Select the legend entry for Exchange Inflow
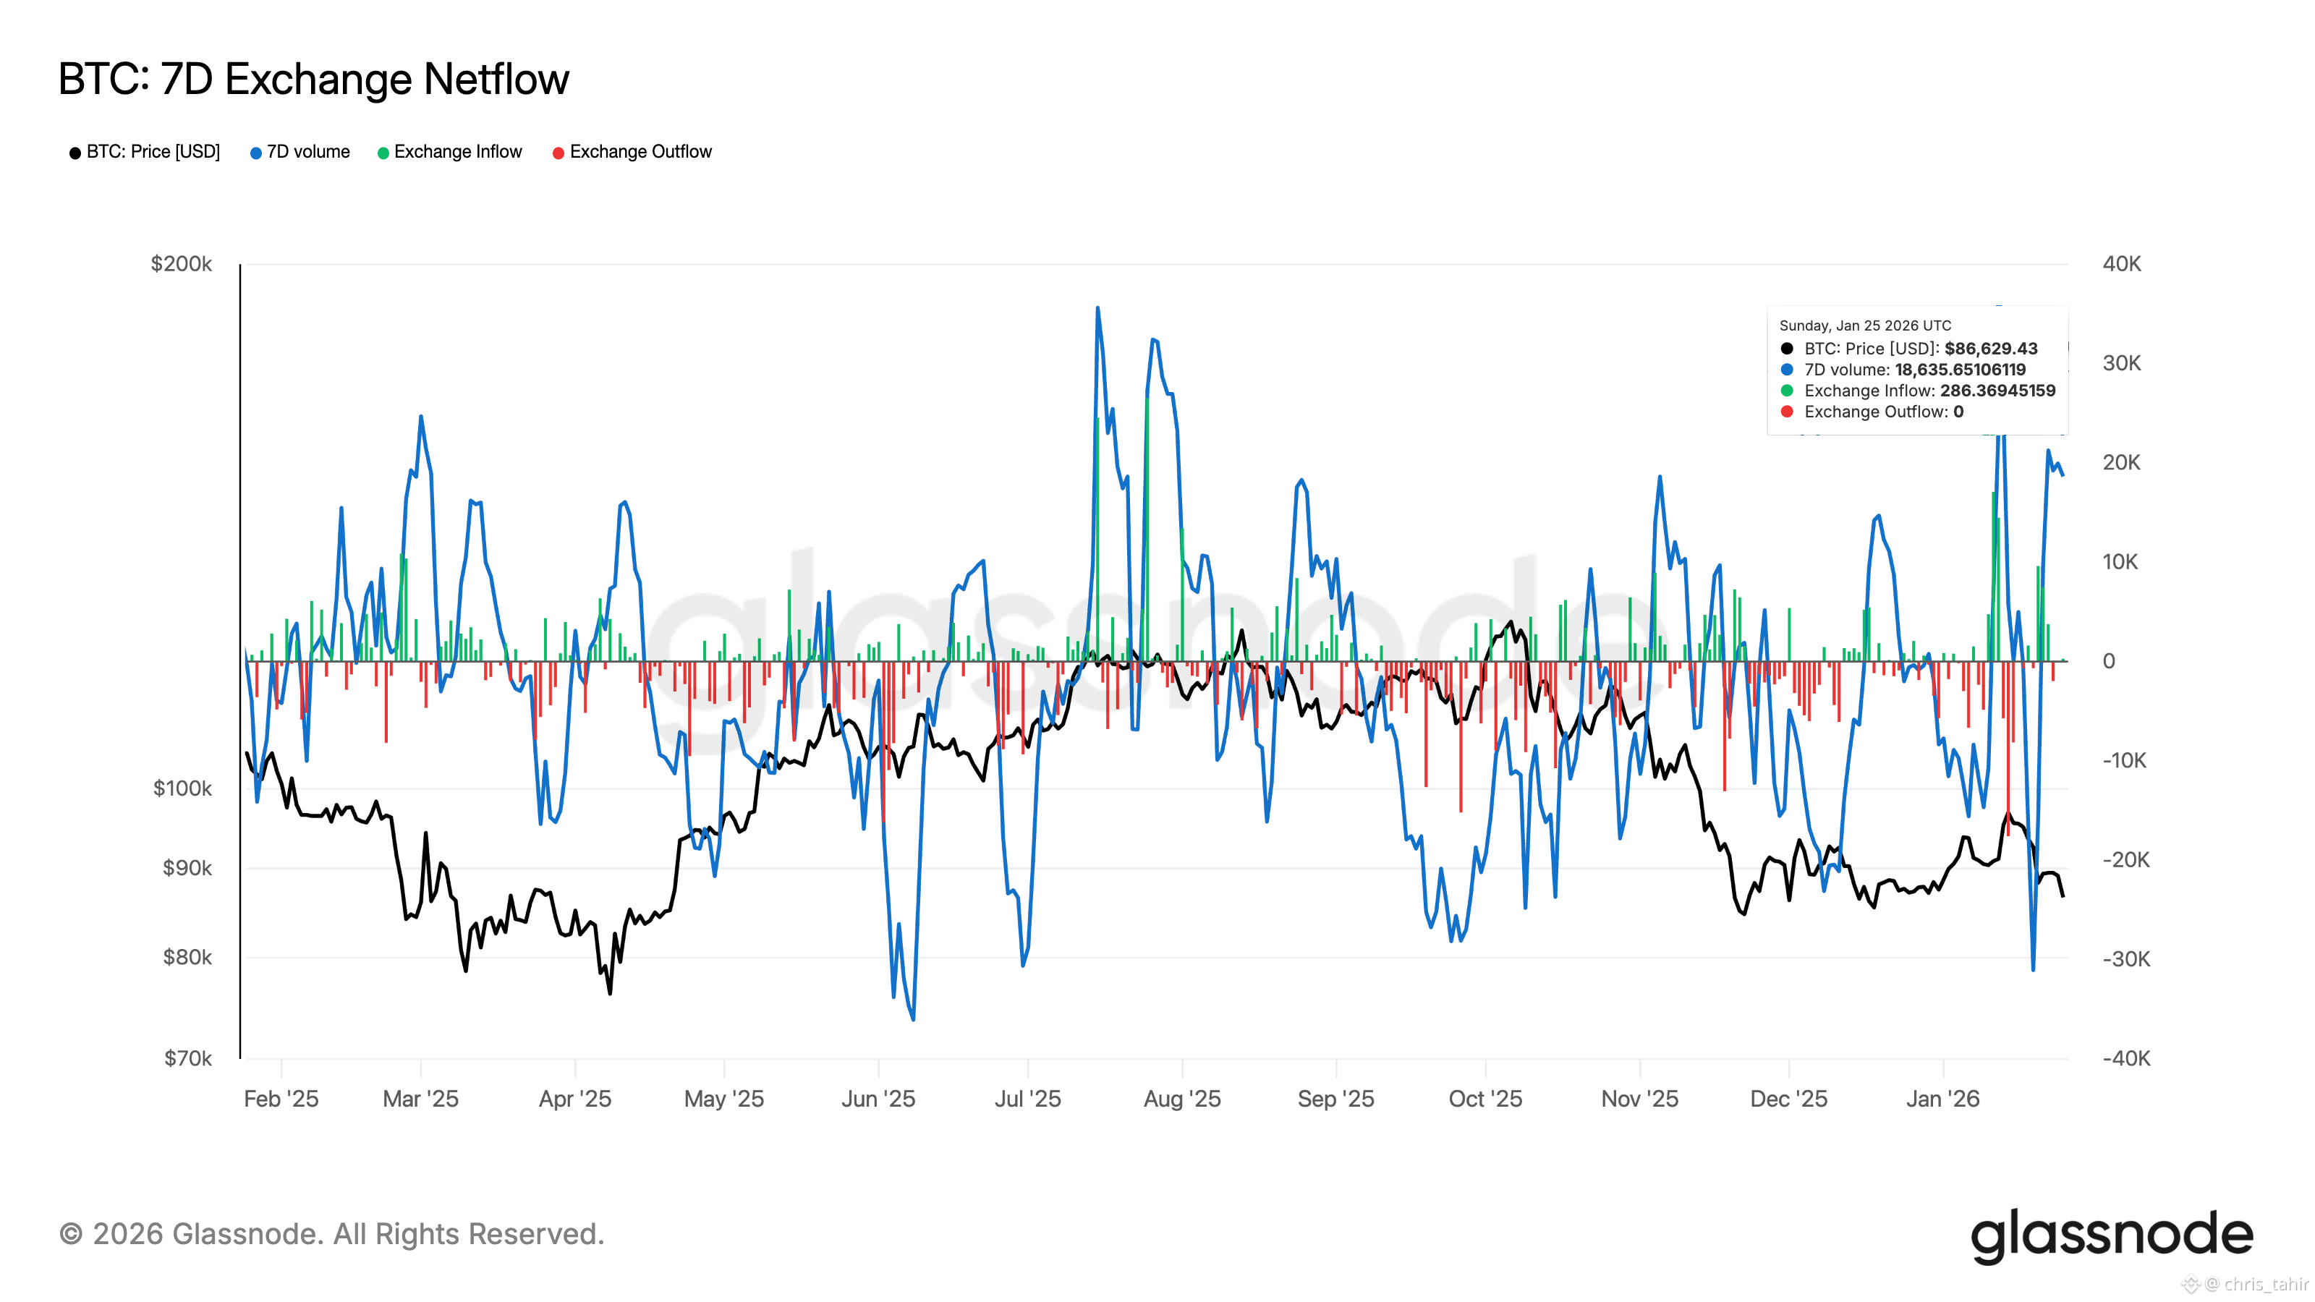click(456, 152)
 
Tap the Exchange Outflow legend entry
click(639, 152)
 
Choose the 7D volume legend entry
click(307, 152)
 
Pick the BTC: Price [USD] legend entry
click(152, 152)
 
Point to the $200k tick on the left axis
click(182, 264)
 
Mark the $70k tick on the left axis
click(188, 1058)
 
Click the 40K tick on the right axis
click(2121, 264)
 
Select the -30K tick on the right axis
click(2125, 958)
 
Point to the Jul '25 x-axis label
click(1027, 1099)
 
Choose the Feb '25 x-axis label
click(281, 1099)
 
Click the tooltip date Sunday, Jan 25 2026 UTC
click(1865, 325)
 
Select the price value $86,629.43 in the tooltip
click(1991, 349)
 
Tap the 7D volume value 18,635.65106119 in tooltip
click(1960, 370)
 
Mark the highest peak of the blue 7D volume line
click(1097, 308)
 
